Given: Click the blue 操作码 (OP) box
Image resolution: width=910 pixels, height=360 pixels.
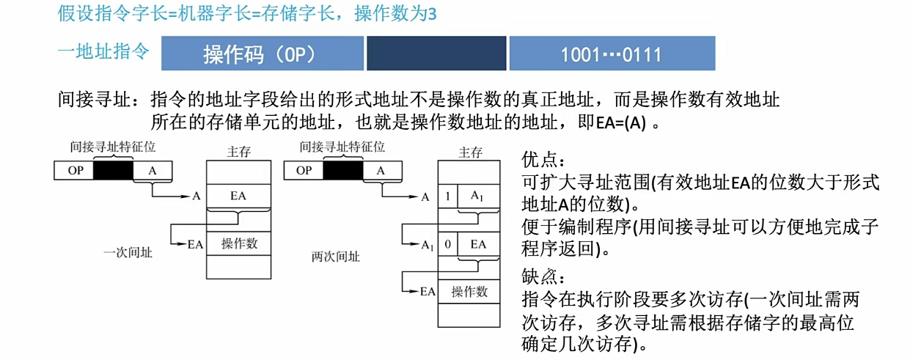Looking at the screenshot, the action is (x=262, y=54).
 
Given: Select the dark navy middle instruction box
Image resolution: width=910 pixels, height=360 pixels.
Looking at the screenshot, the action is (x=436, y=54).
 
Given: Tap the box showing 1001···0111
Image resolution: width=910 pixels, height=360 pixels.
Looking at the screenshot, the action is (x=612, y=54).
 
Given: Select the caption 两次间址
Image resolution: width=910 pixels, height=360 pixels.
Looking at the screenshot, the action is (x=335, y=257).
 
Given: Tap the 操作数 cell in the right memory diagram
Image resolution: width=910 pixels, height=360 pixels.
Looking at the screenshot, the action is (x=469, y=291).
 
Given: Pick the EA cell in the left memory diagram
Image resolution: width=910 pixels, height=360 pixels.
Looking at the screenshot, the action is (x=239, y=196).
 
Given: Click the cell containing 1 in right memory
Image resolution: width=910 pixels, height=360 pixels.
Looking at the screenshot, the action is (x=447, y=196).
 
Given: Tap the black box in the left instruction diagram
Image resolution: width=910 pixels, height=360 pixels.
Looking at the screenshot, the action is (x=114, y=171).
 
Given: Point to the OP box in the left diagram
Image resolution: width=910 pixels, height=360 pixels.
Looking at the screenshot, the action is (x=76, y=171).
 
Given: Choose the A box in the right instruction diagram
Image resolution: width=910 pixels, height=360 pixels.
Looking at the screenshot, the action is (x=381, y=171).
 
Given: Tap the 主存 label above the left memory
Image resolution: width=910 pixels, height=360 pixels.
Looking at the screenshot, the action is (x=239, y=153).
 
